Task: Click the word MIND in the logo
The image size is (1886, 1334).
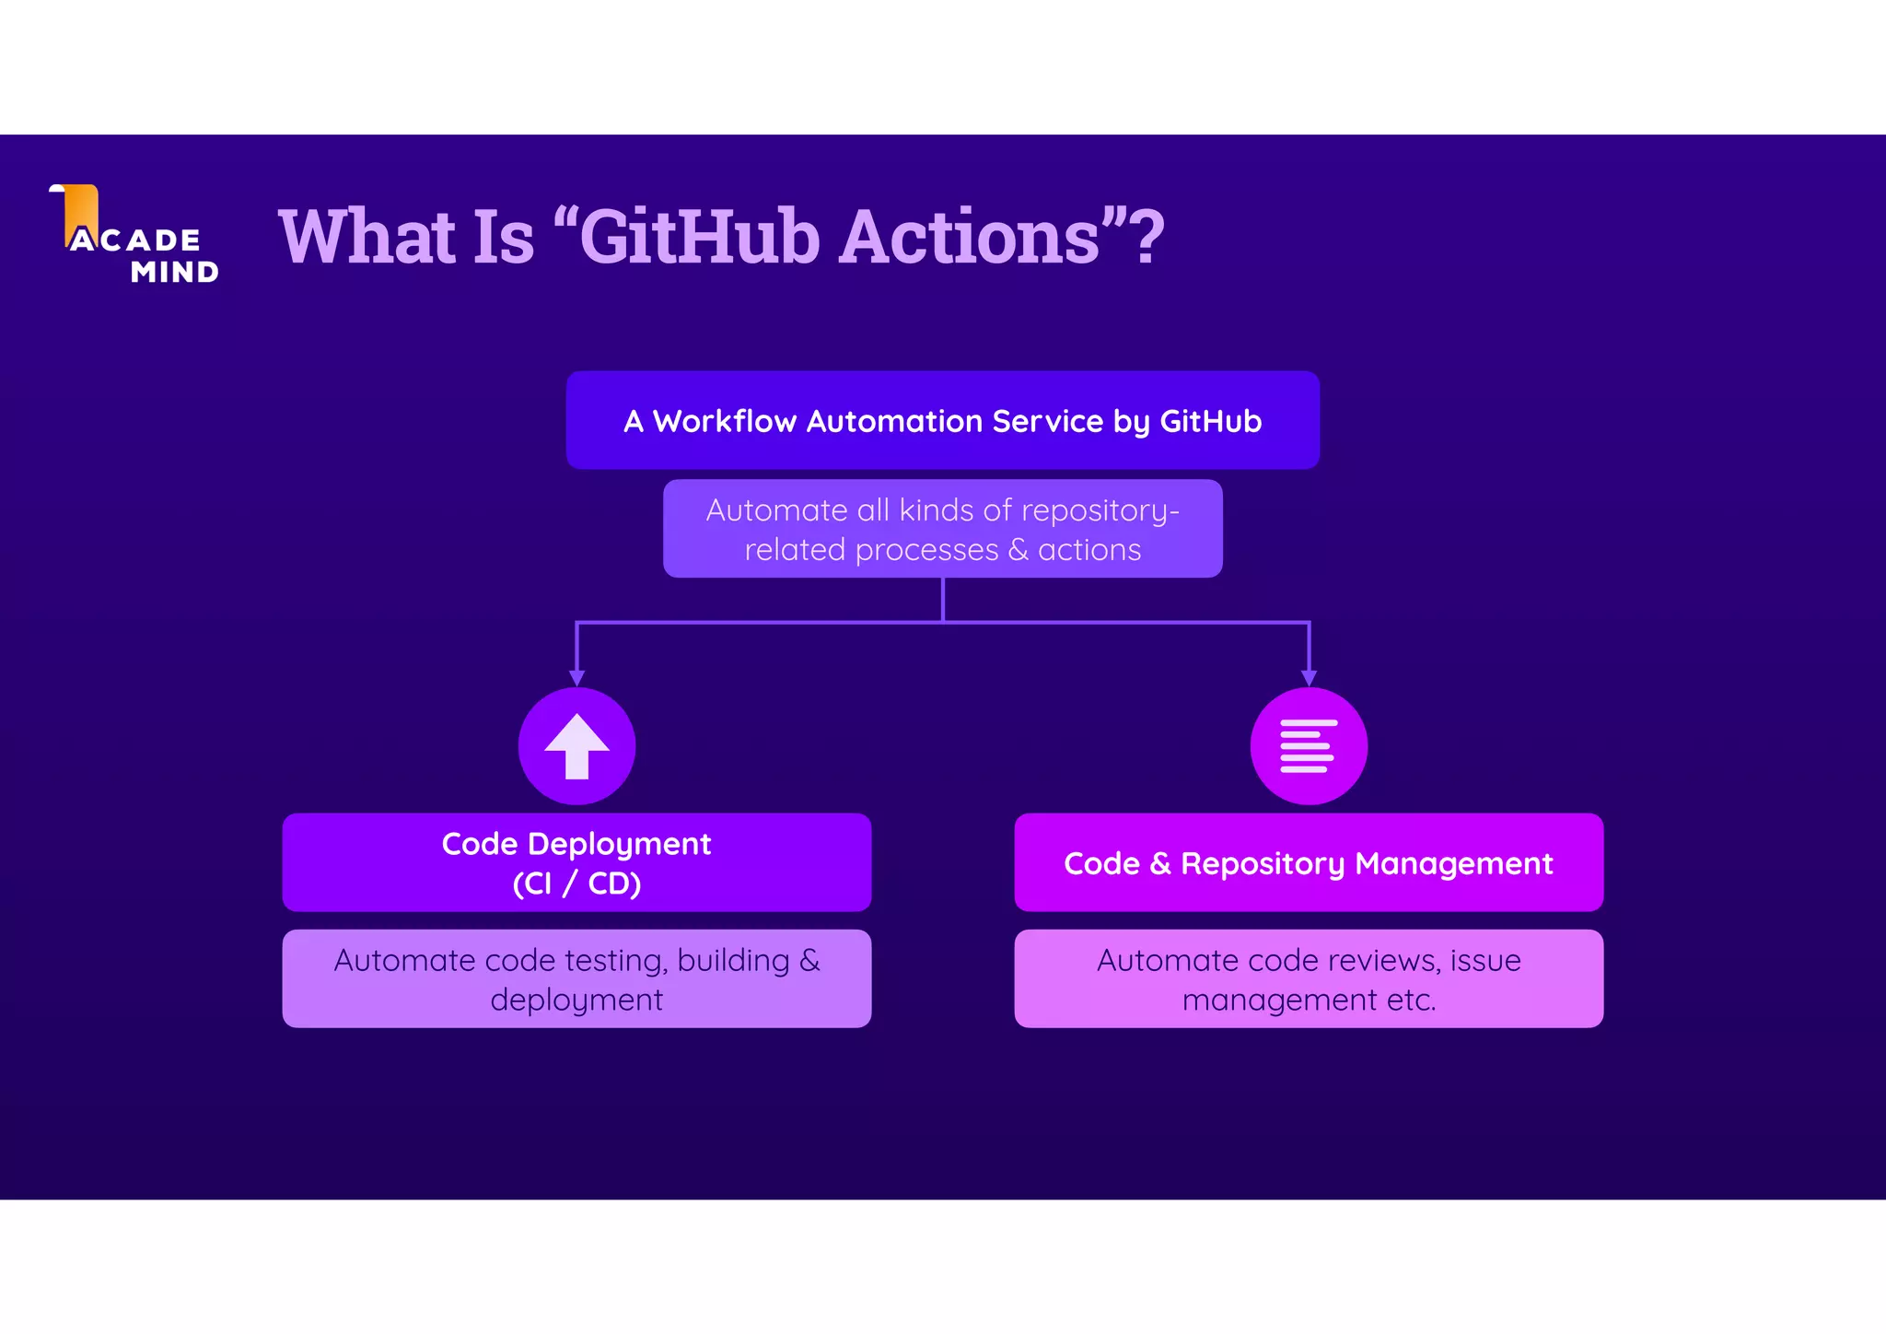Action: pos(175,273)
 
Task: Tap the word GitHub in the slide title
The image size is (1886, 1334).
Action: pos(699,237)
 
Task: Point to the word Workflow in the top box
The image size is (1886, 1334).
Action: pos(724,421)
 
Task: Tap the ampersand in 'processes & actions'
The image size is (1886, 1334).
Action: pos(1018,550)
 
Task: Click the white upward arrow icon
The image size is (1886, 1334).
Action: pos(576,745)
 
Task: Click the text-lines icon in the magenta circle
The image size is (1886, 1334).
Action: pos(1308,745)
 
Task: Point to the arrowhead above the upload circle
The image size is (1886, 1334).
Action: pos(576,678)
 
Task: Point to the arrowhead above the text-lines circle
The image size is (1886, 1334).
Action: pos(1309,678)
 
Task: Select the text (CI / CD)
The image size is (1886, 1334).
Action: pos(576,883)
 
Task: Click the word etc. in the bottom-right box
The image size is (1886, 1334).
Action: pos(1412,1000)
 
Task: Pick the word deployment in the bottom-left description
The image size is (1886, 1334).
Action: pos(576,1000)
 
